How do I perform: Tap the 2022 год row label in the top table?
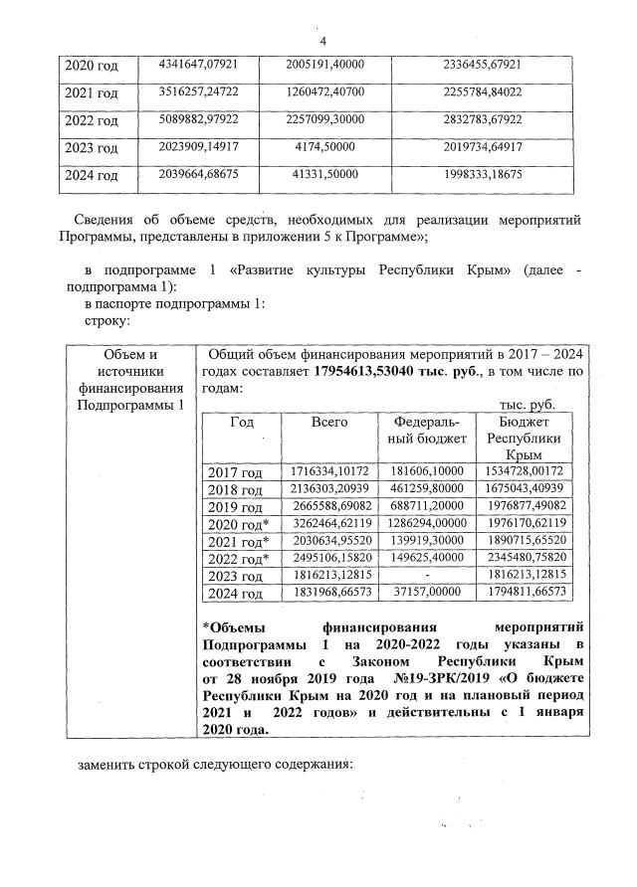(x=92, y=121)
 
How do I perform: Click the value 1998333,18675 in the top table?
(x=482, y=175)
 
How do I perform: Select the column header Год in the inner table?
(x=242, y=422)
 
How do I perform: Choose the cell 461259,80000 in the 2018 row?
(x=425, y=488)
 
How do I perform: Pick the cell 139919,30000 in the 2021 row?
(x=425, y=541)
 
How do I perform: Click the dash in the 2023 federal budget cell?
(x=425, y=576)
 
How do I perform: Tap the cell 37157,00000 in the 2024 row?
(x=425, y=593)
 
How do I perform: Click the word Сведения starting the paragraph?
(x=106, y=220)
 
